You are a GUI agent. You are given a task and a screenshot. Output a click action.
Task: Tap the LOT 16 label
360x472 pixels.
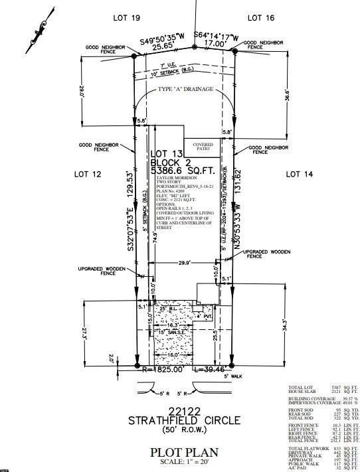click(x=261, y=19)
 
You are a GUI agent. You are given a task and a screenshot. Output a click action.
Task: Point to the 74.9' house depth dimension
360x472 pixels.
click(x=155, y=238)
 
